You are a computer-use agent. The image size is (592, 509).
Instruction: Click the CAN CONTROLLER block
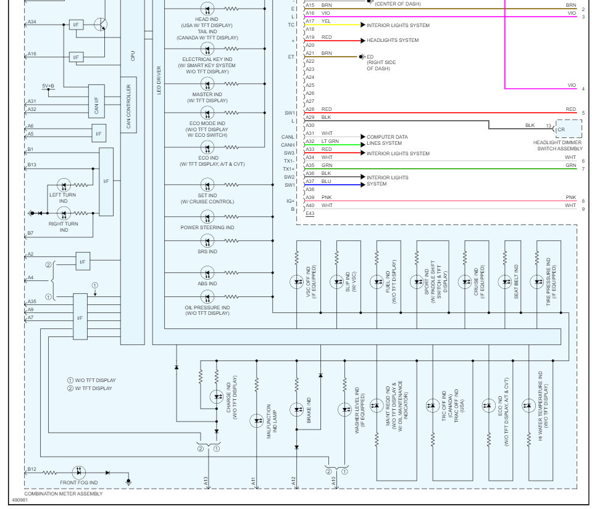point(129,105)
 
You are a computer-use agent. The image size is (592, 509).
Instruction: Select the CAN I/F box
point(96,101)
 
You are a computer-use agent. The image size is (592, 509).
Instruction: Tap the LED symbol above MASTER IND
point(207,84)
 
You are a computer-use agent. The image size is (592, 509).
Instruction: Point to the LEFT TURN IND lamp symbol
point(64,185)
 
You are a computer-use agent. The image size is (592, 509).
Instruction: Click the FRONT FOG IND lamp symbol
point(78,473)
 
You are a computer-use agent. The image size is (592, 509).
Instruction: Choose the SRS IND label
point(207,251)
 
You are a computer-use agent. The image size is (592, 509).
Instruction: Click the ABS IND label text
point(207,283)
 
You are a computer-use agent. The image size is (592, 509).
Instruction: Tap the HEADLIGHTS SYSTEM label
point(393,40)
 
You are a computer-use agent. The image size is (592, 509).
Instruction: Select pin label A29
point(310,117)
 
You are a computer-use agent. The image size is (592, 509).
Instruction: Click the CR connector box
point(569,129)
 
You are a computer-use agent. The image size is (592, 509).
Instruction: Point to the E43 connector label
point(310,214)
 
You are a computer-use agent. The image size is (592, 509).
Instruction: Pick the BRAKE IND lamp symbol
point(297,410)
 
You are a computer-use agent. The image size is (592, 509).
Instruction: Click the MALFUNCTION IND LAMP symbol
point(257,421)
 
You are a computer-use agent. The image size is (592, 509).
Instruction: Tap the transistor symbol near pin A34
point(101,25)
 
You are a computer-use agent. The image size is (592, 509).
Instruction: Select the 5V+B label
point(48,86)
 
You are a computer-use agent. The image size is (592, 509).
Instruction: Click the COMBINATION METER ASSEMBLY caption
point(64,494)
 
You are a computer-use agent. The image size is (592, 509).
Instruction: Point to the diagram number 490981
point(20,500)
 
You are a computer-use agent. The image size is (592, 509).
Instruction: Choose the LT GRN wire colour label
point(330,141)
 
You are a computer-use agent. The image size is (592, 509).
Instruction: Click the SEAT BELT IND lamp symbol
point(505,282)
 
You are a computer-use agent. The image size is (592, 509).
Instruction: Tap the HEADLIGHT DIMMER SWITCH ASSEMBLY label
point(557,145)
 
